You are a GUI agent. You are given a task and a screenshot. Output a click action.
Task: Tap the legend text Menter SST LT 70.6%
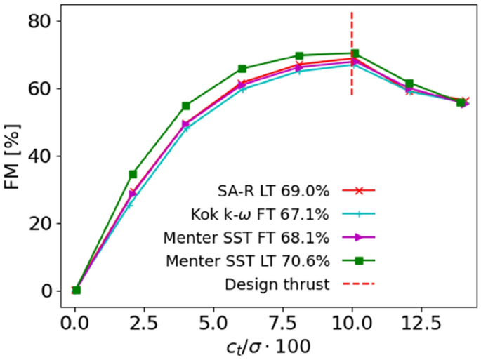click(x=249, y=261)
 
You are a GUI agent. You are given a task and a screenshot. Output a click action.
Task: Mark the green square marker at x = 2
click(x=132, y=174)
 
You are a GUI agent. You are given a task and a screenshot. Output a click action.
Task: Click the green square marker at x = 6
click(x=242, y=69)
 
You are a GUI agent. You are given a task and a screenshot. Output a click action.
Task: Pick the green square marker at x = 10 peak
click(x=355, y=53)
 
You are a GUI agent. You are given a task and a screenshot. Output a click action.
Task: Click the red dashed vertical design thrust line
click(x=352, y=28)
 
